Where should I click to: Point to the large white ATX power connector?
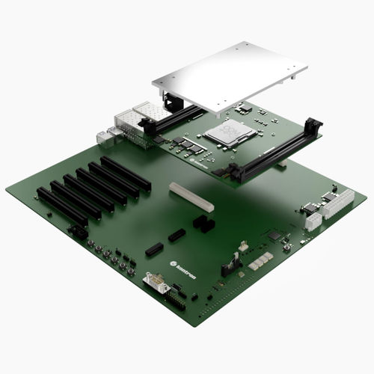338,203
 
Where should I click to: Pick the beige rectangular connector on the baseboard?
191,197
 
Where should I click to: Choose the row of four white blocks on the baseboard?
260,260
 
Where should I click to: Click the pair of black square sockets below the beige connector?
203,223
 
